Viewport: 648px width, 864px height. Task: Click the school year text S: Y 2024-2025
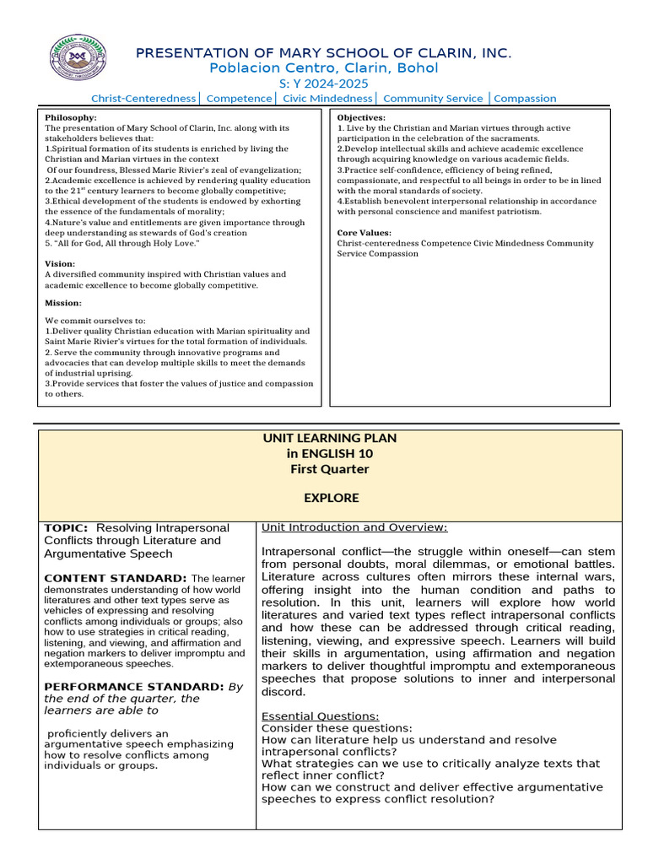(324, 84)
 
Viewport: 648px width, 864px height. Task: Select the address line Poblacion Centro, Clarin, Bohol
(324, 68)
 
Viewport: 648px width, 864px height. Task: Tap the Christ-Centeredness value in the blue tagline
(143, 99)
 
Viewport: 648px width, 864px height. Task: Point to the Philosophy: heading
(71, 117)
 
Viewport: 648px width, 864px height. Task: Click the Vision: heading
(60, 264)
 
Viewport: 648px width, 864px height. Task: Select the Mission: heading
(63, 303)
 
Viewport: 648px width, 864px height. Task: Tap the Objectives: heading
(361, 117)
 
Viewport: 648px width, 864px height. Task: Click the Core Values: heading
(364, 232)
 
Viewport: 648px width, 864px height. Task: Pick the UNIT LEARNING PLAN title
(330, 439)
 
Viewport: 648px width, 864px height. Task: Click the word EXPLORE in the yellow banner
(331, 498)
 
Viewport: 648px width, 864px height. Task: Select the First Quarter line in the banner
(330, 469)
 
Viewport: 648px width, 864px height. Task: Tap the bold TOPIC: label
(65, 527)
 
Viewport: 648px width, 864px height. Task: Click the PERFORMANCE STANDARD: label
(134, 686)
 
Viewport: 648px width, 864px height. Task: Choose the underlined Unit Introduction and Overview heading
(354, 527)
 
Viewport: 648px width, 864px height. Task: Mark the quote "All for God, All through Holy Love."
(122, 243)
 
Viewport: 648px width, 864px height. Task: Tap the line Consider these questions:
(337, 728)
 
